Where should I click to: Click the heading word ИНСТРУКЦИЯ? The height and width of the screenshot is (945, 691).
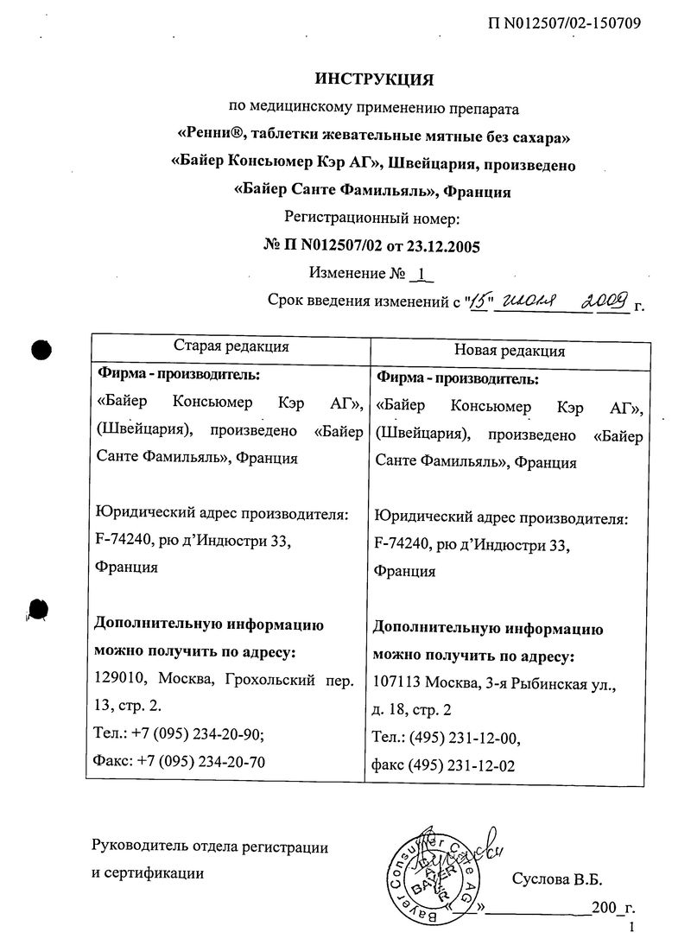(x=373, y=80)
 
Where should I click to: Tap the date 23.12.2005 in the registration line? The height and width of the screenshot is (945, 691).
(x=442, y=247)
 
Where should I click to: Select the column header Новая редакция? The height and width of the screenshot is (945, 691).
(x=510, y=351)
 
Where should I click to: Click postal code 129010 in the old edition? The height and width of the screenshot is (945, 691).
(x=118, y=680)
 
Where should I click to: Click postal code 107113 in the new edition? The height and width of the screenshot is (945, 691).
(x=398, y=684)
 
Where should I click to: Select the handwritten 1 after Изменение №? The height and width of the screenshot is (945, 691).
(x=421, y=275)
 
